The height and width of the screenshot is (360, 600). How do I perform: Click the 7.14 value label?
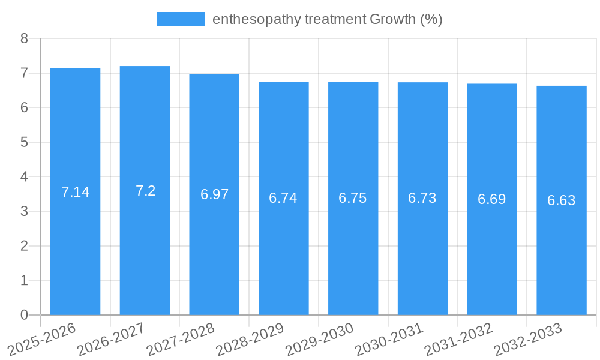75,192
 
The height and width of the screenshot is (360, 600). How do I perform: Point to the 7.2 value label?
145,191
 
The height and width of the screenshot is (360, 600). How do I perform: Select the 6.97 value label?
214,194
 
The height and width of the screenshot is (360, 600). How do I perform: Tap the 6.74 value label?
283,198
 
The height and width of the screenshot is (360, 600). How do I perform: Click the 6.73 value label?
422,198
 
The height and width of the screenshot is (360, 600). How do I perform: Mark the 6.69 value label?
492,199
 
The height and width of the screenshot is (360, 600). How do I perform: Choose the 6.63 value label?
562,200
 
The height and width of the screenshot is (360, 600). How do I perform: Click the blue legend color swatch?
181,19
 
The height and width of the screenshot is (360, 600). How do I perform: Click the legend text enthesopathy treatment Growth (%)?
328,19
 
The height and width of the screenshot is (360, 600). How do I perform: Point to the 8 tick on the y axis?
25,38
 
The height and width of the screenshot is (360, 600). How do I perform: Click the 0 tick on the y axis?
25,315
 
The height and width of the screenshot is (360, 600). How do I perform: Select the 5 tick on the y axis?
25,142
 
